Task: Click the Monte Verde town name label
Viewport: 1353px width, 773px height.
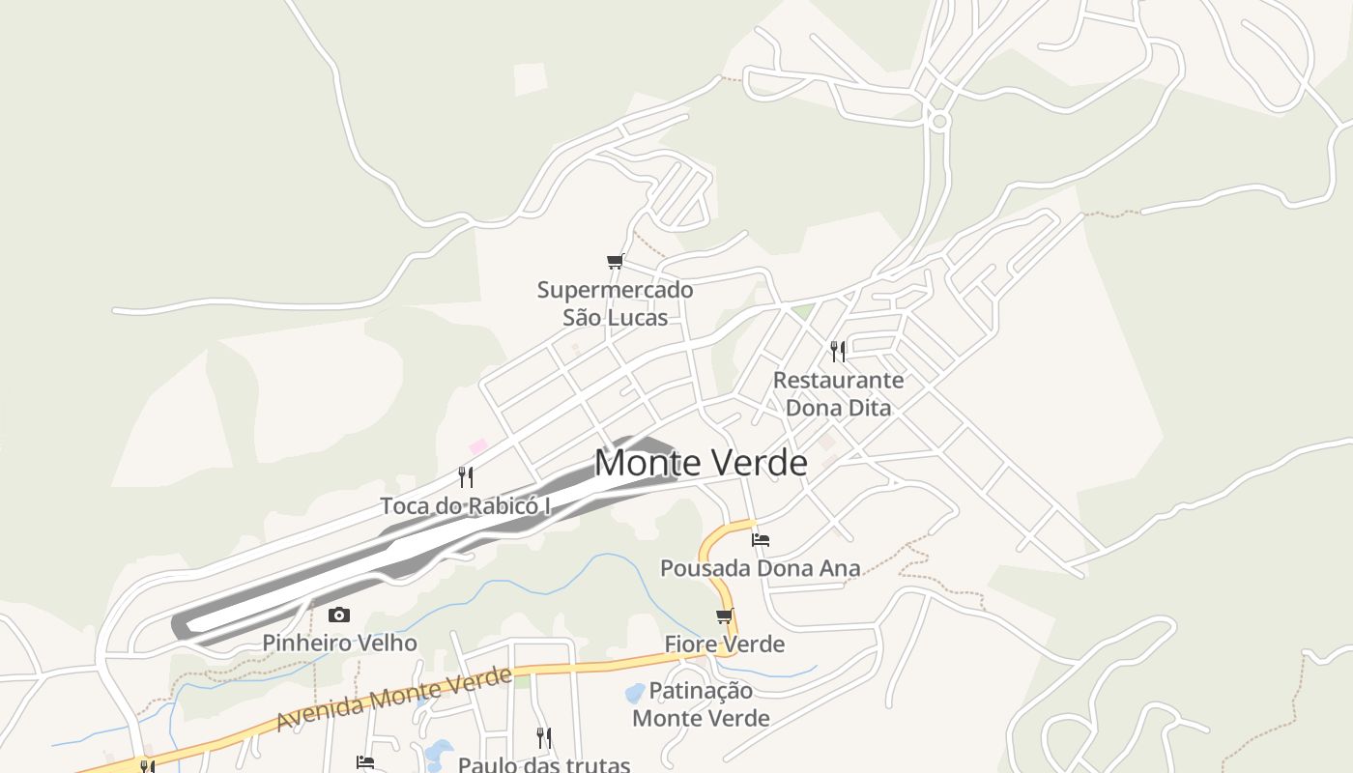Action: coord(701,463)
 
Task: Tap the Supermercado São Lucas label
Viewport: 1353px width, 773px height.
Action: coord(616,303)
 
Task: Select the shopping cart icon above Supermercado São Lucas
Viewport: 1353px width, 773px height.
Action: coord(615,261)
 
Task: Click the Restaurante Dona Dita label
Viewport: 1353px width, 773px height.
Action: coord(838,393)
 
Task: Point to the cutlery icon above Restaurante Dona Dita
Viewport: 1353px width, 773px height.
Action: coord(838,351)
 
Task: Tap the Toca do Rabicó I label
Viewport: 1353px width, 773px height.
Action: coord(465,505)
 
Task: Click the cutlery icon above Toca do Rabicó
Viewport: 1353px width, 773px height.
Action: coord(466,476)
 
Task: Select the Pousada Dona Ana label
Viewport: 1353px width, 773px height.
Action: coord(760,568)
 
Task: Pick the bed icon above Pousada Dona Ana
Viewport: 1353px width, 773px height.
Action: coord(761,539)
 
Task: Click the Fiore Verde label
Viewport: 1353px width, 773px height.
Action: coord(724,644)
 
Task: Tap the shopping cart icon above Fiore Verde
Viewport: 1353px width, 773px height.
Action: coord(724,616)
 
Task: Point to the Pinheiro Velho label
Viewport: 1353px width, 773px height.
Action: coord(339,643)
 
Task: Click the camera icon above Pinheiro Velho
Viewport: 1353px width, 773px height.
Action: coord(339,615)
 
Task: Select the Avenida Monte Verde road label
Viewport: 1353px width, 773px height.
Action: coord(393,699)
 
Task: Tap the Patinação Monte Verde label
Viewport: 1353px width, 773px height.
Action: coord(701,704)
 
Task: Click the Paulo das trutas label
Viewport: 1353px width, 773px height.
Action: coord(543,764)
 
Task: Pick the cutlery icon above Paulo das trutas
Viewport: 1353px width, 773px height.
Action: coord(543,738)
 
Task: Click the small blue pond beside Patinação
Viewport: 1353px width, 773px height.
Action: coord(635,693)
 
